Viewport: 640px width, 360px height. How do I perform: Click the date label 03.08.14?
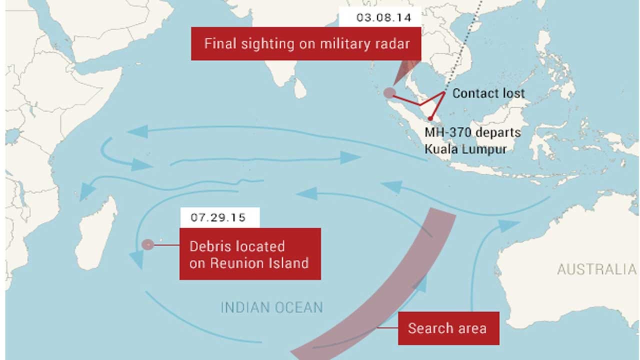coord(383,17)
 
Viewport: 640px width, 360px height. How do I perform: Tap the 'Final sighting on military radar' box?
coord(306,43)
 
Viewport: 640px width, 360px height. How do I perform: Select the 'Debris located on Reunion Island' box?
coord(249,254)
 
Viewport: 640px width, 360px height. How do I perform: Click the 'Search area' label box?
coord(447,328)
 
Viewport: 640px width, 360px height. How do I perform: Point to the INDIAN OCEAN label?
coord(271,307)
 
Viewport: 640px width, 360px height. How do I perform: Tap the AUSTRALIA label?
coord(596,269)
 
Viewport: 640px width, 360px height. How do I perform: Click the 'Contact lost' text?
coord(488,93)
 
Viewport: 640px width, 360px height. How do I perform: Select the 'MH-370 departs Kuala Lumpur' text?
coord(472,141)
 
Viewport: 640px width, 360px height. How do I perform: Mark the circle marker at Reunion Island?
coord(147,244)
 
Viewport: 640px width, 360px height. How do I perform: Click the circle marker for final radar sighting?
coord(389,92)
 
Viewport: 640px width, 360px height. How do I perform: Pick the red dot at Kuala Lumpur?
coord(430,118)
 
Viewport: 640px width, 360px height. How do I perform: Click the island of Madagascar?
coord(97,235)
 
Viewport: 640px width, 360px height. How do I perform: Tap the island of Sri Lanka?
coord(299,88)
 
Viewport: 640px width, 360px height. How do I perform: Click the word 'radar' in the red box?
coord(393,43)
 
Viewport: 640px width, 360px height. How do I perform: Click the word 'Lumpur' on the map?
coord(485,149)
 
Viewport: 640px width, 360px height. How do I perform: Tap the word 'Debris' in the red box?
coord(209,246)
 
